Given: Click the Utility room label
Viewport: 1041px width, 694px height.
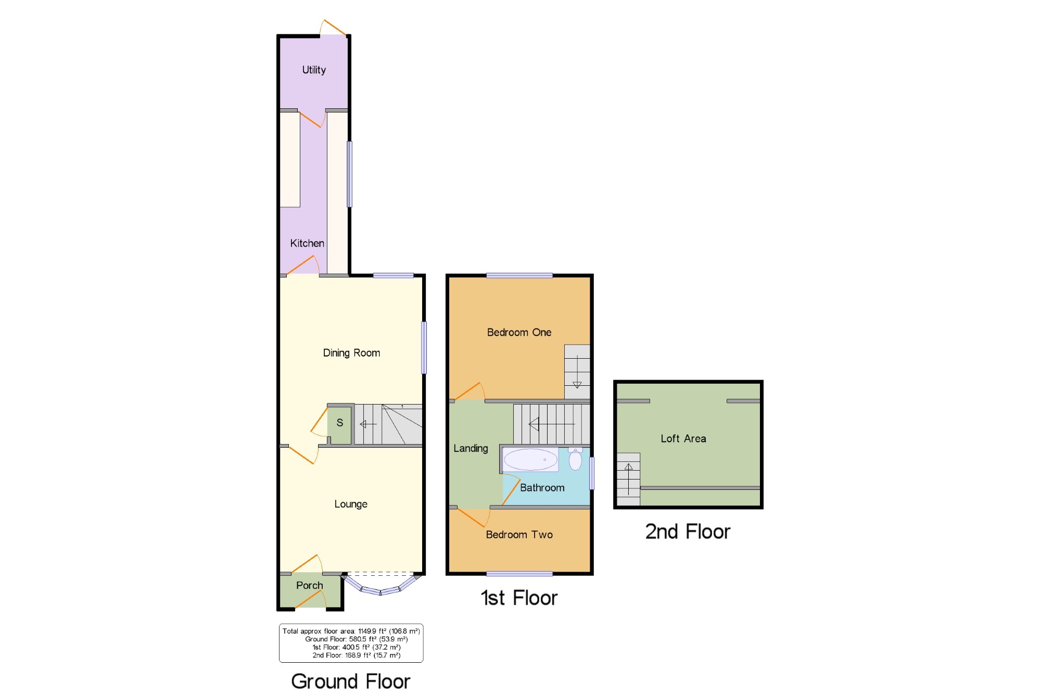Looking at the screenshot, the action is (314, 70).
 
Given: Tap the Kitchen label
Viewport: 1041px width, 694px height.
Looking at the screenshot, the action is (307, 243).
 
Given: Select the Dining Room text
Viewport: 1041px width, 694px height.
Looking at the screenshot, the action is (351, 353).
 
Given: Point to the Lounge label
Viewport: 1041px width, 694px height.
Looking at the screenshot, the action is (351, 504).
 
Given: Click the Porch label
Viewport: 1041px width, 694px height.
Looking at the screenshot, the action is (310, 585).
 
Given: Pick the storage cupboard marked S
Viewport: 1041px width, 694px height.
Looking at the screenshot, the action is (340, 425).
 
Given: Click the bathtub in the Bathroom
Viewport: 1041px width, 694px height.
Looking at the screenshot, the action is (530, 460).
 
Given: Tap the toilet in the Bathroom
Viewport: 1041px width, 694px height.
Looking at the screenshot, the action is (575, 459).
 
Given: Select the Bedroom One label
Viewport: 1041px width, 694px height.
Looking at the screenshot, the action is (519, 332).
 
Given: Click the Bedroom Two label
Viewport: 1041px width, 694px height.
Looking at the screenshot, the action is (519, 535).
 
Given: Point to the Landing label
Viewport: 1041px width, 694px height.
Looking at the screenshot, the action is (471, 448).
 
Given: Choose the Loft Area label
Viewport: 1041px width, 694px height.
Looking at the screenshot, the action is (683, 438).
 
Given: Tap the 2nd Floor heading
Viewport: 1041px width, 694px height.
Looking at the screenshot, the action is (688, 532).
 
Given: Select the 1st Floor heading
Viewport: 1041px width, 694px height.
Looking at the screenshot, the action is (519, 598).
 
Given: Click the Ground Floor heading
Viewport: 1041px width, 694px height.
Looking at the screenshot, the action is (351, 681).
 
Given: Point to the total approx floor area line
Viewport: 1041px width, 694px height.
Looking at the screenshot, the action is (351, 631).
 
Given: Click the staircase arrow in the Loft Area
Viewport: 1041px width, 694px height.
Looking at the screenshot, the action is (629, 479).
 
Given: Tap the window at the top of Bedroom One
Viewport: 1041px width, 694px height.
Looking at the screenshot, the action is (519, 275).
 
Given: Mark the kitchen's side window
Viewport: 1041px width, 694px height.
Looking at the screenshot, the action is (350, 174).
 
